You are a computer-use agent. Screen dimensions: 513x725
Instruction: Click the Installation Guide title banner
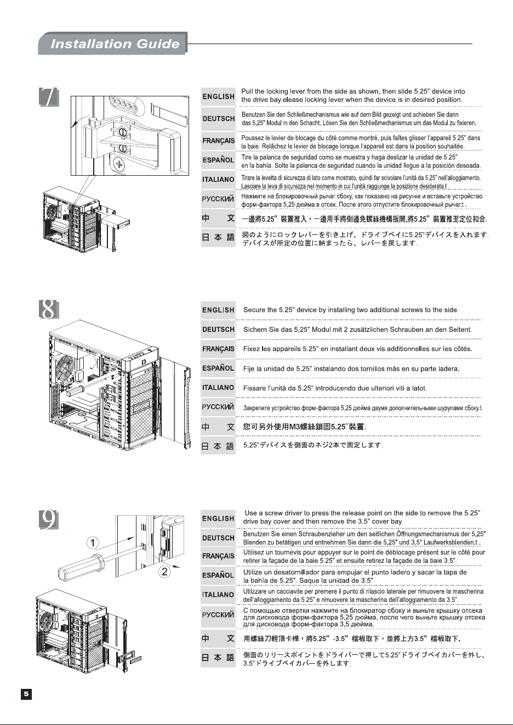[x=113, y=43]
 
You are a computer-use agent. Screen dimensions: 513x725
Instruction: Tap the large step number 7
[x=49, y=96]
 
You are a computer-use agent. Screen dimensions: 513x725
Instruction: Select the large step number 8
[x=49, y=309]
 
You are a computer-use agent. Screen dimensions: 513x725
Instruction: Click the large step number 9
[x=49, y=520]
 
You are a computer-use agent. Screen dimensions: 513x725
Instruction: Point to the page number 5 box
[x=26, y=694]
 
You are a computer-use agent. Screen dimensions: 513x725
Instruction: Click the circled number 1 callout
[x=93, y=543]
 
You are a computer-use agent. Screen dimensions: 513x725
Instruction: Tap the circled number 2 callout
[x=164, y=572]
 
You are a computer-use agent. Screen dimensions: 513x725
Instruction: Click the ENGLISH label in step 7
[x=218, y=96]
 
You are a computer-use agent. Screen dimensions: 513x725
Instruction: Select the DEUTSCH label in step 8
[x=218, y=330]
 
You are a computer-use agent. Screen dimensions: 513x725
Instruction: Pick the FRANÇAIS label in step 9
[x=218, y=556]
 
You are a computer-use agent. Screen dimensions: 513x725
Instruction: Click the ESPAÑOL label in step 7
[x=218, y=160]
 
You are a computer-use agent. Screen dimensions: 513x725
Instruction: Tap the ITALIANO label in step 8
[x=218, y=388]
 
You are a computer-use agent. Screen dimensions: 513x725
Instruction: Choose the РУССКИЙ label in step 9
[x=218, y=614]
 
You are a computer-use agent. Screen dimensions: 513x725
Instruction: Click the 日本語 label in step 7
[x=218, y=238]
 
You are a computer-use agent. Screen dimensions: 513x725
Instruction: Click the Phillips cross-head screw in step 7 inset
[x=119, y=164]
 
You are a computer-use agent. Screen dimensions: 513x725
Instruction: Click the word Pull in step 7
[x=247, y=91]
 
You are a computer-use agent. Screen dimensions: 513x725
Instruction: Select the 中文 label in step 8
[x=218, y=427]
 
